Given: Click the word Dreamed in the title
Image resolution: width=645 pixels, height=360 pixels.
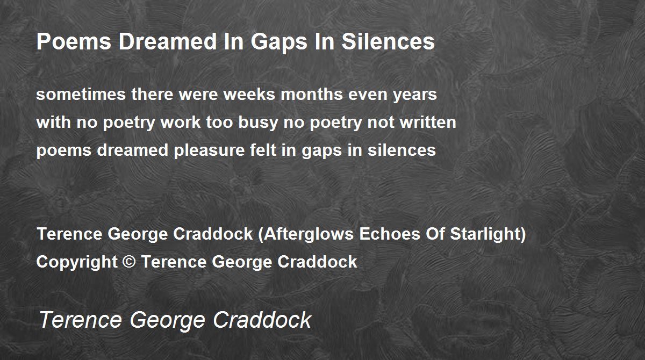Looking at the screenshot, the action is coord(168,41).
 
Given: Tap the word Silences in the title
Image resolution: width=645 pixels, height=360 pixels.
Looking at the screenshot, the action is coord(388,41).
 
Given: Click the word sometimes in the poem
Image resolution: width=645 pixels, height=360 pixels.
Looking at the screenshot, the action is coord(81,94).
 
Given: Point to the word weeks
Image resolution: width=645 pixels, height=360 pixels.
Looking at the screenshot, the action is coord(249,94).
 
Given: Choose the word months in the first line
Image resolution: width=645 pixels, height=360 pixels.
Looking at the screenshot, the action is coord(312,94).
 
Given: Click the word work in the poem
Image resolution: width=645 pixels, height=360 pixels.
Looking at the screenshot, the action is coord(181,122).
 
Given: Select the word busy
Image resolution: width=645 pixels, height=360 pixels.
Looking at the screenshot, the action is coord(257,124).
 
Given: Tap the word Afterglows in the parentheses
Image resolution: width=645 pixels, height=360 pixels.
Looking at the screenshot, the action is coord(309,234).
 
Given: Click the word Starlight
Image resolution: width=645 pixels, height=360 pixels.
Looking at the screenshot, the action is coord(484,234).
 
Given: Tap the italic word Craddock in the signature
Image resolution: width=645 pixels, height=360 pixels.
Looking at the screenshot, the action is coord(262,319).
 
